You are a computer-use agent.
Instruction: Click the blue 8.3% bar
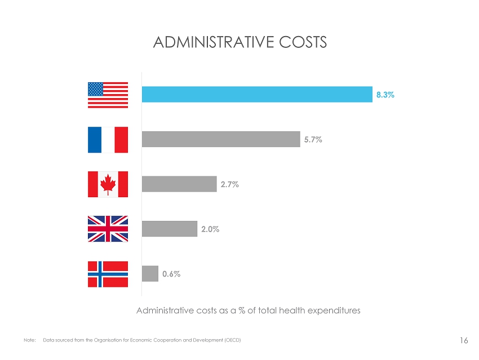click(256, 95)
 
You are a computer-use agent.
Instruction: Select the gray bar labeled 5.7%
click(221, 139)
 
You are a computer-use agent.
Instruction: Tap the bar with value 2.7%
click(179, 184)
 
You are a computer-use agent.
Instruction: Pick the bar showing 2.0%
click(170, 229)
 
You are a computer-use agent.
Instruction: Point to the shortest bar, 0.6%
click(150, 274)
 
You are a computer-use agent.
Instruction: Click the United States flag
click(108, 95)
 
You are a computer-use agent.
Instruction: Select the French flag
click(108, 139)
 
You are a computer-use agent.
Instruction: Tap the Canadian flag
click(108, 184)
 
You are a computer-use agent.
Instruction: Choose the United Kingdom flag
click(108, 229)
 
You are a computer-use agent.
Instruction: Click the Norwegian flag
click(108, 274)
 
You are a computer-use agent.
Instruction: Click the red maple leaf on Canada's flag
click(108, 184)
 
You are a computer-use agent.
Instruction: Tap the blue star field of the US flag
click(96, 89)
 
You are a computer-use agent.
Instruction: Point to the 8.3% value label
click(385, 95)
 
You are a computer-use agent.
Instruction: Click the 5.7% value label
click(313, 140)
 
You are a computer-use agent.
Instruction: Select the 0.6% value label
click(171, 274)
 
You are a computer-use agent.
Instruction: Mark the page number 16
click(464, 340)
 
